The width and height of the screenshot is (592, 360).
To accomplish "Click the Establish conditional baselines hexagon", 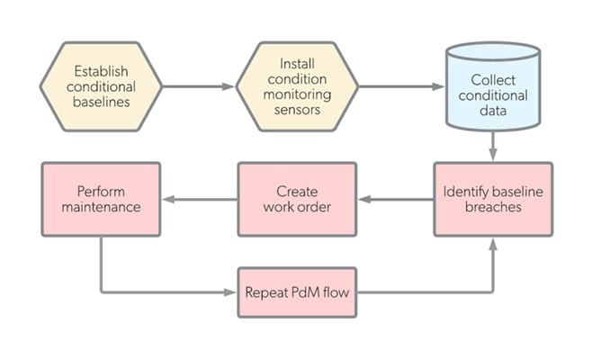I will pos(101,87).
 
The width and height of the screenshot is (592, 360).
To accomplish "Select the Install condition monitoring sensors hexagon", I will pos(297,87).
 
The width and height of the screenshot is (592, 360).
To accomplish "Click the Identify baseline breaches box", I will pos(492,199).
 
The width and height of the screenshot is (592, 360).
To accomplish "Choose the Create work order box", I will pos(297,199).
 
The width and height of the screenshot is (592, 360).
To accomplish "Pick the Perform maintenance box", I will pos(101,199).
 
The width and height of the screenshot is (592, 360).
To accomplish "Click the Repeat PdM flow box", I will pos(297,292).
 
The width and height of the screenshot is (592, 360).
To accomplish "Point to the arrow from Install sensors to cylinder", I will pos(400,87).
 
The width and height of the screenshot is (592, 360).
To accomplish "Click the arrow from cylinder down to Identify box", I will pos(493,144).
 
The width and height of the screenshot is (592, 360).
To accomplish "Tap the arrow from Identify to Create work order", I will pos(396,199).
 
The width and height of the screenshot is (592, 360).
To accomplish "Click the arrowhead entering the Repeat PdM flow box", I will pos(231,292).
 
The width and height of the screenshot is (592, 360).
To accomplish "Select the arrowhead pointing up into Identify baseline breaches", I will pos(493,243).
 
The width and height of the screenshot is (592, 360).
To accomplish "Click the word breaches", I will pos(492,207).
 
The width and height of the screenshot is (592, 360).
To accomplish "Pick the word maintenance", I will pos(101,207).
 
